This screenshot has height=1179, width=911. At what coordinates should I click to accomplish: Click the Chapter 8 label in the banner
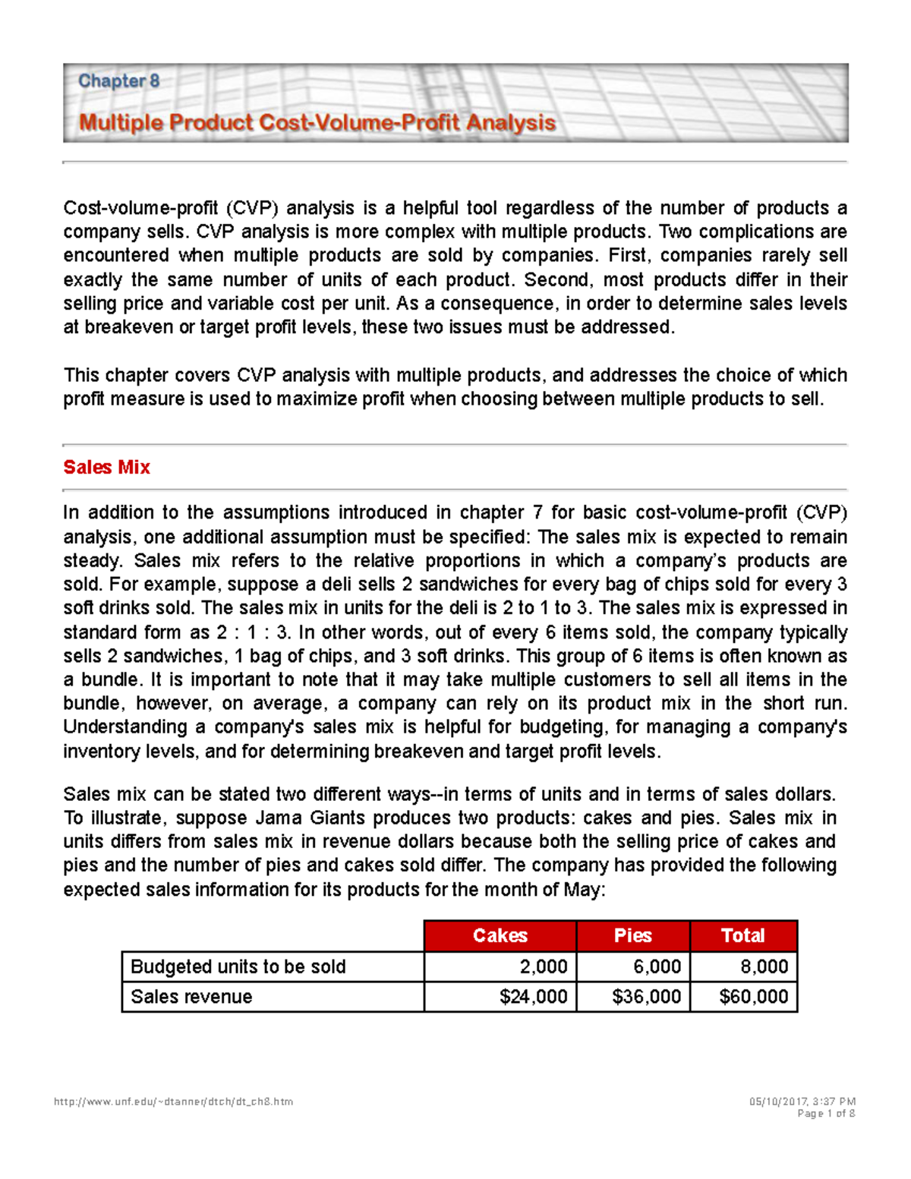118,81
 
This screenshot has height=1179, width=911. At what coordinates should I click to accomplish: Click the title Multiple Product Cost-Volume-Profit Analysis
317,123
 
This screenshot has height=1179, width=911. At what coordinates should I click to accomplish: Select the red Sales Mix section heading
106,468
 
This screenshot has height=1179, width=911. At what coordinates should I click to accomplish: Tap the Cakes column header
500,935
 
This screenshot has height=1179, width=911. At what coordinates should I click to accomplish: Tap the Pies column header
632,935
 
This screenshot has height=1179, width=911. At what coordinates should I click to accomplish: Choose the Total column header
742,935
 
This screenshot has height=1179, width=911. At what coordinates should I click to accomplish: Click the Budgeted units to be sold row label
238,966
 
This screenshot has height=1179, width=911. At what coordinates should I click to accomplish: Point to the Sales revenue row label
191,997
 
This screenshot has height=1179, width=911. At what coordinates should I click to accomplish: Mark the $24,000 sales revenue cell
533,997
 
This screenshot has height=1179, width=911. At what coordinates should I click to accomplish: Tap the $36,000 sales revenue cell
646,997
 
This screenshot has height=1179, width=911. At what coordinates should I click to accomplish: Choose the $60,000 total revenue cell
753,997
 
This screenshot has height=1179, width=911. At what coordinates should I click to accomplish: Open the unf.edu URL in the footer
173,1102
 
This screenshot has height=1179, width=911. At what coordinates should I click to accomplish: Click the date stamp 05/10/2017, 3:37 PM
802,1102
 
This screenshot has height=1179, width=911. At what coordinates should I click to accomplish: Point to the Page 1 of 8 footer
826,1114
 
